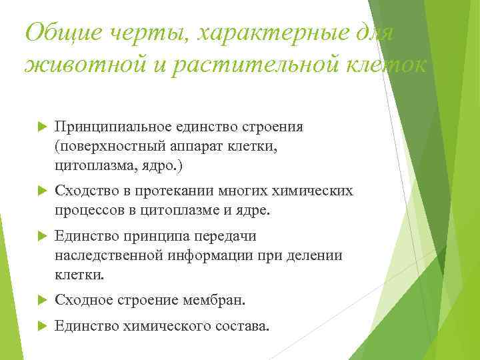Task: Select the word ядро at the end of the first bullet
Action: [x=164, y=164]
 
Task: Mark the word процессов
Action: [x=87, y=211]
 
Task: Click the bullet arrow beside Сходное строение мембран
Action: [x=39, y=301]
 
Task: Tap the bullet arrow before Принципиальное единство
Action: [x=39, y=127]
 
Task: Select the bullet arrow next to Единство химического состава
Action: [x=39, y=326]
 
